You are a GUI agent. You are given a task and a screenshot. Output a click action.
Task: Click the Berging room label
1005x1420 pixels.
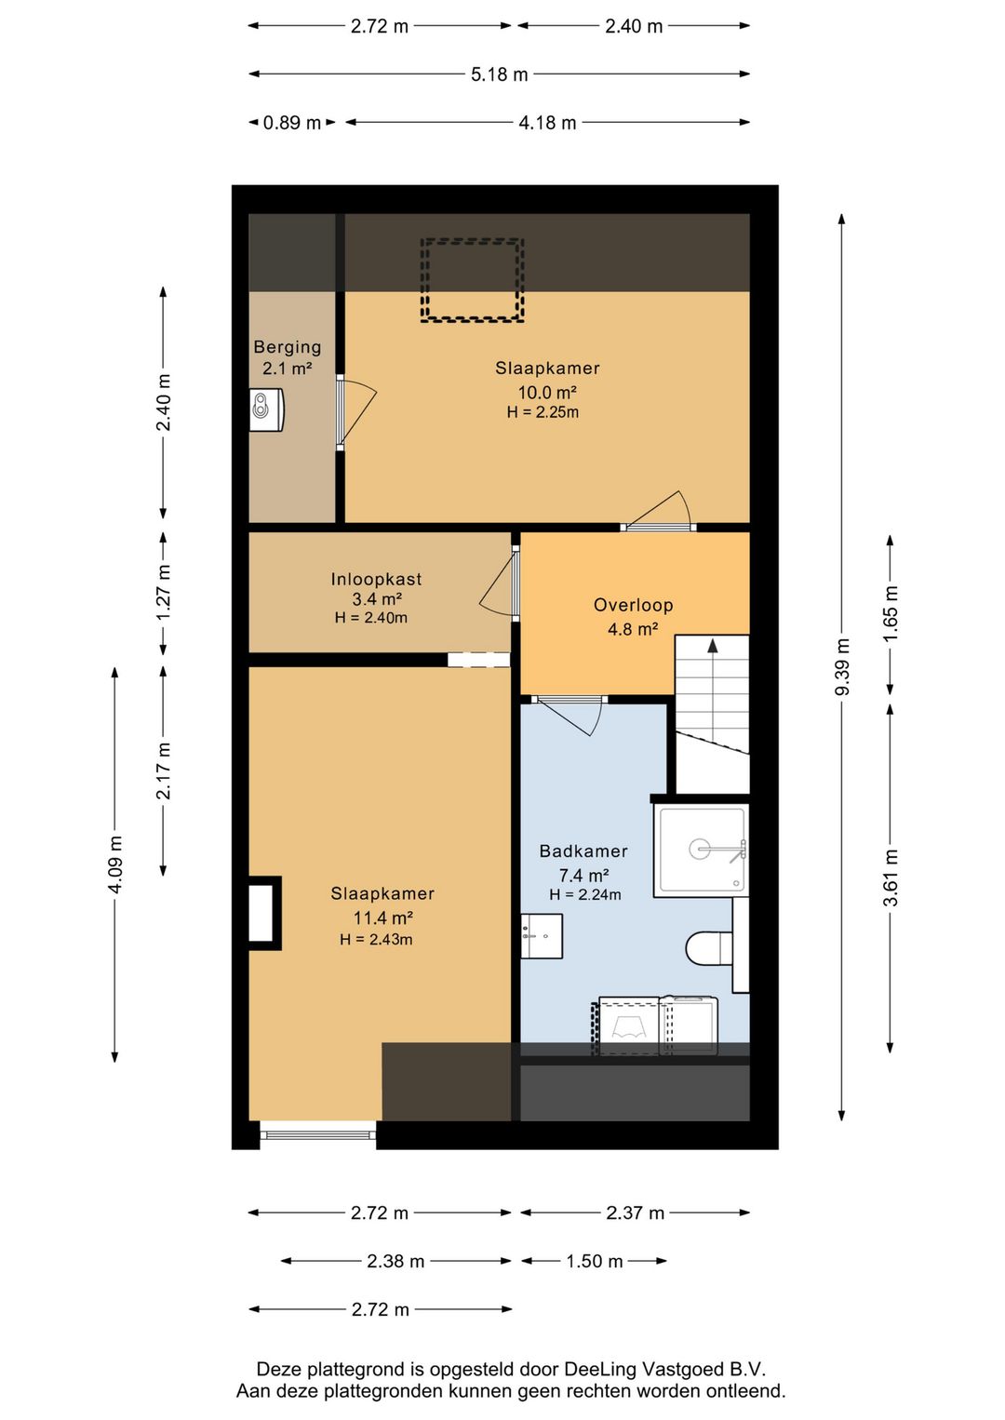click(288, 347)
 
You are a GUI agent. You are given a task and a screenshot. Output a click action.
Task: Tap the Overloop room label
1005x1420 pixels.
click(633, 605)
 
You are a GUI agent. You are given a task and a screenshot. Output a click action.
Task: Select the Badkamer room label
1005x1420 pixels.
click(583, 851)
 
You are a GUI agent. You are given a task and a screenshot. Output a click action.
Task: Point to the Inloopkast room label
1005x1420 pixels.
click(376, 579)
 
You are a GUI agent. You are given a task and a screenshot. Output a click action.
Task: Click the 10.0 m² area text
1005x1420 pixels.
click(547, 393)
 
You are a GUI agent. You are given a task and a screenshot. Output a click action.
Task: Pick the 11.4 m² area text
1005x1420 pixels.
click(383, 918)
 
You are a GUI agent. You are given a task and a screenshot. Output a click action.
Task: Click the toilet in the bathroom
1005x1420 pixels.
click(709, 948)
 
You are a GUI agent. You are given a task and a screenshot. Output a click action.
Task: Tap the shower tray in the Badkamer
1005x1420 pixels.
click(701, 851)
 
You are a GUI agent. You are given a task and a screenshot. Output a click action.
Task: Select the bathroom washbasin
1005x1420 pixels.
click(542, 936)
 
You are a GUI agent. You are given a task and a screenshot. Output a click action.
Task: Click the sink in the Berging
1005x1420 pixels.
click(266, 409)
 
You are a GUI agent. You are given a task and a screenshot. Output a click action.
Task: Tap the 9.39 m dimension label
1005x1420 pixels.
click(841, 666)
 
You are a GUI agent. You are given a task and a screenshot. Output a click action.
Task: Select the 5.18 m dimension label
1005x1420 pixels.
click(499, 74)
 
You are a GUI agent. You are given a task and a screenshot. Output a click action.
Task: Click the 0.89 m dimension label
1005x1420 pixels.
click(291, 122)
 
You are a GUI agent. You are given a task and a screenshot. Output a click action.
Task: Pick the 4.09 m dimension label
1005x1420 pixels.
click(114, 864)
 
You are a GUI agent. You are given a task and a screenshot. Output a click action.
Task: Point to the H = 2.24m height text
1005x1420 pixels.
click(585, 894)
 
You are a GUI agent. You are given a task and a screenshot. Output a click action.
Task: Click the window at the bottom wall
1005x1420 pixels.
click(317, 1131)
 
